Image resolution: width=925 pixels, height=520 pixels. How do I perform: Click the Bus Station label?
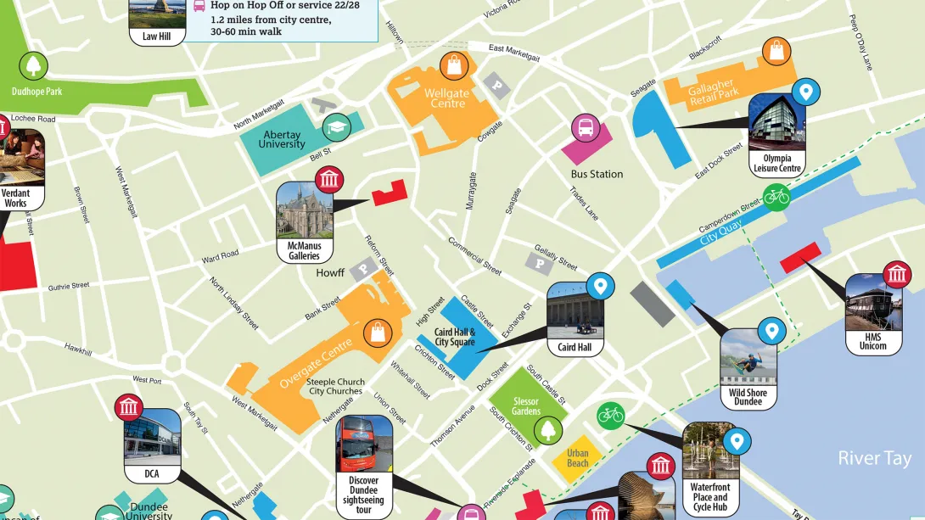(x=597, y=174)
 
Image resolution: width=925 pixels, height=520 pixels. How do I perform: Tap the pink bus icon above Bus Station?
(x=586, y=128)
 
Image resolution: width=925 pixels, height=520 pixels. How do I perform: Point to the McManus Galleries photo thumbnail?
(x=304, y=210)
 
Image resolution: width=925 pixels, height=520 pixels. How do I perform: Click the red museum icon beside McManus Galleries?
(x=329, y=180)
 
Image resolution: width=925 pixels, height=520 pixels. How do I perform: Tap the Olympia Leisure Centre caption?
(x=776, y=163)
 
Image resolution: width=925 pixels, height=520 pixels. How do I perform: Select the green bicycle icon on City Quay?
(x=776, y=197)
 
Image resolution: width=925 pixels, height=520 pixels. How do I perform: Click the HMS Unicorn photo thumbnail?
(x=873, y=303)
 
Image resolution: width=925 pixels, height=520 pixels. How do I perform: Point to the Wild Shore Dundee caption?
(x=748, y=397)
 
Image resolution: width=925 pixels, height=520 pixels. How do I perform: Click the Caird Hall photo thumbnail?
(x=575, y=310)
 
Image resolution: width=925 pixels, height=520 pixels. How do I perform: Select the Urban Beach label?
(x=578, y=458)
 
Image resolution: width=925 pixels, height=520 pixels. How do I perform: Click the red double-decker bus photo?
(x=364, y=444)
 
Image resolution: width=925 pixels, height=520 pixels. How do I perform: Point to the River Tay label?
(x=874, y=459)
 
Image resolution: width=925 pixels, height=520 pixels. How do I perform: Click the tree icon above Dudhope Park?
(x=35, y=65)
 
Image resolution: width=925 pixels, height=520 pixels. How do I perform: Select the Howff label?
(x=330, y=273)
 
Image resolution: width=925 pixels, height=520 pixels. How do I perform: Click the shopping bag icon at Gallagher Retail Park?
(x=776, y=51)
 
